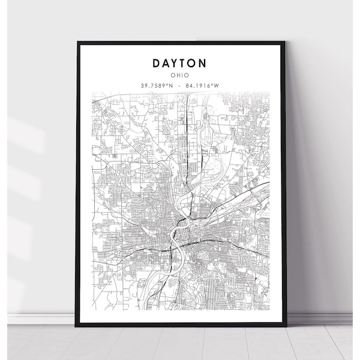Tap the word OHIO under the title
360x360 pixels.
[x=180, y=75]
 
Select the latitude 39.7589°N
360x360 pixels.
[x=158, y=85]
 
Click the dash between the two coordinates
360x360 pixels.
[x=180, y=85]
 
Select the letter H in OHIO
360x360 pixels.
[x=178, y=75]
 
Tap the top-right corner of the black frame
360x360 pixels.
[x=286, y=43]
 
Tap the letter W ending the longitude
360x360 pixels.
[x=217, y=85]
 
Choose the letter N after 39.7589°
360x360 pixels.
[x=171, y=85]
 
